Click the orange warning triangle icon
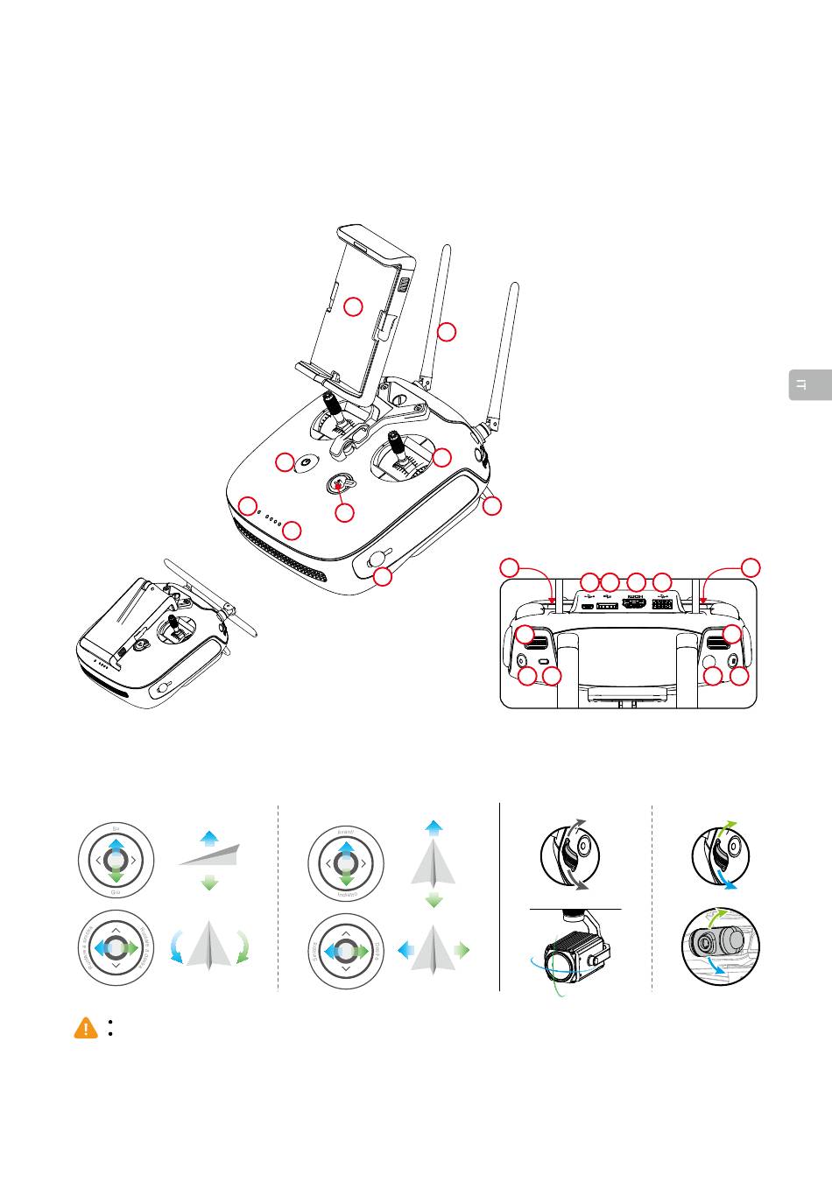[86, 1029]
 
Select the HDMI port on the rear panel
[634, 603]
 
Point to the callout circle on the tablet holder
[352, 306]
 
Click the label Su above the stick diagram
[116, 827]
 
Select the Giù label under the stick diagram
[116, 893]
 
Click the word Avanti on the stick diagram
[345, 828]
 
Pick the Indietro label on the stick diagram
[345, 894]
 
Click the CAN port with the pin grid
[662, 604]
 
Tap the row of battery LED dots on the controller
[272, 520]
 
